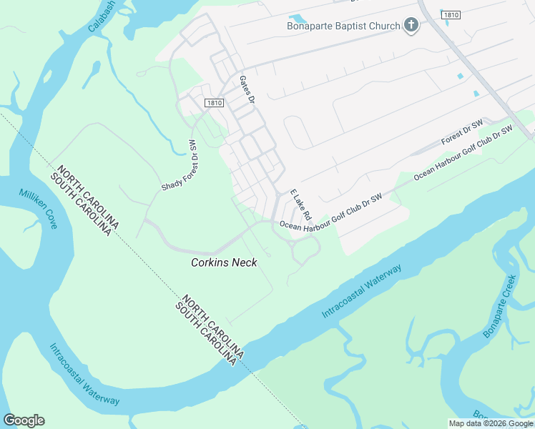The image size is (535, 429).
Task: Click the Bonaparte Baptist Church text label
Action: coord(343,26)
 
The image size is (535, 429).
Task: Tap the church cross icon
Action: coord(411,26)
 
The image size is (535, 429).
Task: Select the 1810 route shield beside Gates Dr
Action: coord(215,103)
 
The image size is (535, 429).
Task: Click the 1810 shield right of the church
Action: coord(451,14)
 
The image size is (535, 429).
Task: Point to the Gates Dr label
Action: coord(247,90)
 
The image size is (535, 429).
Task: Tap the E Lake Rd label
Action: coord(300,204)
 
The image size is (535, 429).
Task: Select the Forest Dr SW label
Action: coord(462,133)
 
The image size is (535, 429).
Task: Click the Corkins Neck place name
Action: coord(224,262)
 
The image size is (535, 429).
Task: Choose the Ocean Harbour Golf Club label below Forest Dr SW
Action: coord(463,152)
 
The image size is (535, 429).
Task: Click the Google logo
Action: coord(24,420)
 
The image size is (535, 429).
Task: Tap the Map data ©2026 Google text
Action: coord(491,423)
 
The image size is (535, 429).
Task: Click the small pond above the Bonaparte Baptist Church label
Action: coord(295,19)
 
